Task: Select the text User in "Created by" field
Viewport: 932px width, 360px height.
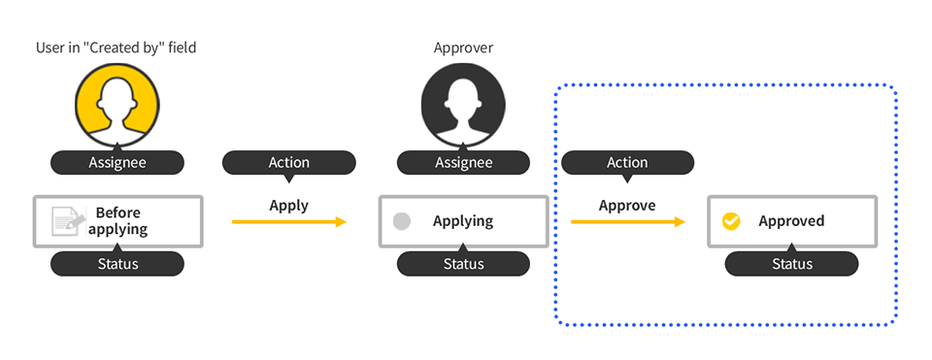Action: [x=117, y=48]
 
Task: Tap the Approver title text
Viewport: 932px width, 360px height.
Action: [x=463, y=48]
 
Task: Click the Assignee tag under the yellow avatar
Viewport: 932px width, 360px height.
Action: [x=116, y=162]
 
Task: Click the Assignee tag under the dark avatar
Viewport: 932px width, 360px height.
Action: [x=463, y=162]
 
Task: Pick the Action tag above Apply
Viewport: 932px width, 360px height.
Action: [x=288, y=162]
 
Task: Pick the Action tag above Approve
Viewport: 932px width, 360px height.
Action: [x=627, y=162]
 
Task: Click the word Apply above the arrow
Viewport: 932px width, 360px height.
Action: [x=288, y=205]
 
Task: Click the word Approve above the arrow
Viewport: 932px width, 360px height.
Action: [x=627, y=205]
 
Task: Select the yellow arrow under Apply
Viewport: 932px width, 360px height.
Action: [x=288, y=222]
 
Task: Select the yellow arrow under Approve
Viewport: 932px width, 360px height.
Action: [x=627, y=222]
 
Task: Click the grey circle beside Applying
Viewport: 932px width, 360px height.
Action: [x=402, y=221]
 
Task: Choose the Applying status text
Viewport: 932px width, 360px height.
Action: [x=462, y=221]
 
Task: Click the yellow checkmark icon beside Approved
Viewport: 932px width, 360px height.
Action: [x=731, y=221]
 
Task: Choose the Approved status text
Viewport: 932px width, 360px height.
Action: [x=791, y=221]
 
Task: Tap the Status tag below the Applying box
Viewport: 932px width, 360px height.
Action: [x=463, y=264]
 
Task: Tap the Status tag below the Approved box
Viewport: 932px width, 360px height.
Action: [x=791, y=264]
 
